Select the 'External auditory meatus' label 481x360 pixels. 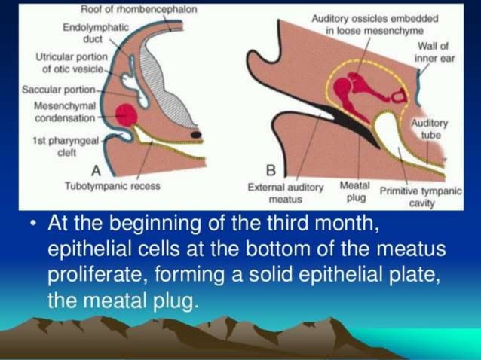point(286,193)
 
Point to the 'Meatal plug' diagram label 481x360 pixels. point(355,191)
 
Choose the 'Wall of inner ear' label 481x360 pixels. point(436,52)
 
